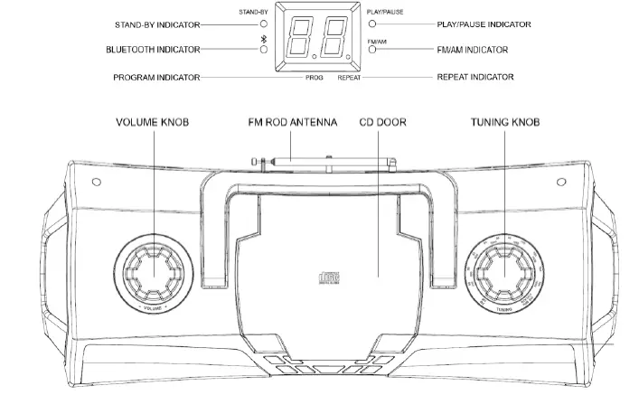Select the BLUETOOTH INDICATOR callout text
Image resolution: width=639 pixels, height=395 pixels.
pyautogui.click(x=154, y=50)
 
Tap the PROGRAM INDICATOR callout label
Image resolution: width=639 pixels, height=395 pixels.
pyautogui.click(x=156, y=78)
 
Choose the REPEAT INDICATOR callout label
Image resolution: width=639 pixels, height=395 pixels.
pyautogui.click(x=475, y=78)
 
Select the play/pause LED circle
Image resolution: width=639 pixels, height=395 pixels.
pyautogui.click(x=372, y=24)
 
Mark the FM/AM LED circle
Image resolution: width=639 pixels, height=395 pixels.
pyautogui.click(x=372, y=50)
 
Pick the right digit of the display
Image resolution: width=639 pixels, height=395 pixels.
pyautogui.click(x=336, y=38)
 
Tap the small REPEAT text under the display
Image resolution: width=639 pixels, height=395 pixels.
pyautogui.click(x=350, y=79)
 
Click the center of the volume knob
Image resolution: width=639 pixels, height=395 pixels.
pyautogui.click(x=153, y=271)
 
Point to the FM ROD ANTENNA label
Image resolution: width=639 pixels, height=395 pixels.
pyautogui.click(x=292, y=122)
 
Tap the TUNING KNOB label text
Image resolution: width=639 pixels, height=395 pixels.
pyautogui.click(x=504, y=122)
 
